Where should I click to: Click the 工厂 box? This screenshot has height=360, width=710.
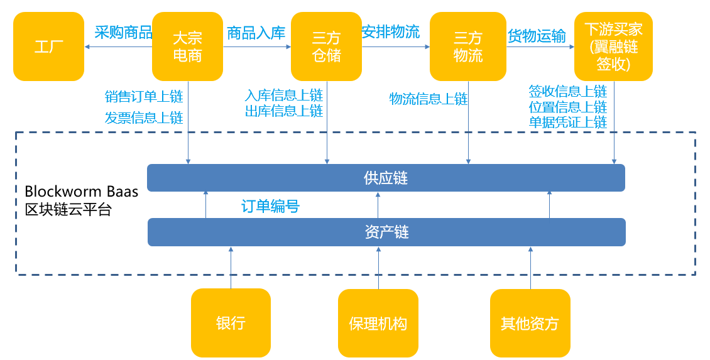pyautogui.click(x=48, y=46)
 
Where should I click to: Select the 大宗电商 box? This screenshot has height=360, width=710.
pyautogui.click(x=188, y=46)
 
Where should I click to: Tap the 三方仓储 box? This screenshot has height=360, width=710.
pyautogui.click(x=326, y=46)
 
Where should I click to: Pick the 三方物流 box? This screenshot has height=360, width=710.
pyautogui.click(x=468, y=46)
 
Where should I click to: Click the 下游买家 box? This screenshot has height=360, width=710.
pyautogui.click(x=613, y=46)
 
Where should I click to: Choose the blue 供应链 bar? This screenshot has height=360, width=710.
pyautogui.click(x=386, y=178)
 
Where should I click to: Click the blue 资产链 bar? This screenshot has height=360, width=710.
pyautogui.click(x=386, y=232)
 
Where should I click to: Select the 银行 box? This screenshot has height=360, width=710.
pyautogui.click(x=231, y=323)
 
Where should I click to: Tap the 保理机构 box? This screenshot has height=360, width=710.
pyautogui.click(x=378, y=323)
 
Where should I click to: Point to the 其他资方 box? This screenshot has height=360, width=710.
pyautogui.click(x=530, y=323)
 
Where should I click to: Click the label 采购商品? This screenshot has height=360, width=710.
pyautogui.click(x=123, y=32)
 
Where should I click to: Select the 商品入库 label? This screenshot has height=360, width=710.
pyautogui.click(x=256, y=33)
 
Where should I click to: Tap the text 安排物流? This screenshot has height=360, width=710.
pyautogui.click(x=391, y=31)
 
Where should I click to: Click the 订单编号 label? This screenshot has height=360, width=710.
pyautogui.click(x=270, y=206)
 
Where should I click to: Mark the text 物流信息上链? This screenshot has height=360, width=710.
pyautogui.click(x=429, y=99)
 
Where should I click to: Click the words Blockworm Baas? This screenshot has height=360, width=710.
pyautogui.click(x=82, y=191)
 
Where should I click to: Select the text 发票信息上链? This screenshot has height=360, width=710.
pyautogui.click(x=144, y=117)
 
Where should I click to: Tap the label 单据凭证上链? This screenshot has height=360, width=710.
pyautogui.click(x=568, y=122)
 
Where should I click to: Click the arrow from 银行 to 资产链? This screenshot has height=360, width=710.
pyautogui.click(x=231, y=268)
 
